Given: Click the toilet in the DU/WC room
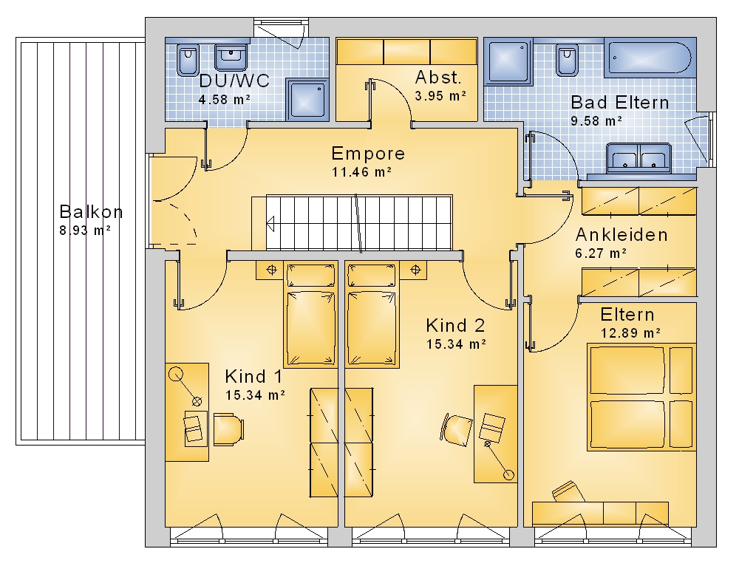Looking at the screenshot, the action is point(188,60).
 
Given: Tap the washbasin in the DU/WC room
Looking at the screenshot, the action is point(231,58).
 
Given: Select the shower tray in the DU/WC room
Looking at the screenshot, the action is point(307,98).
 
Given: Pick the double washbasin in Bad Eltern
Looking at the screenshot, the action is point(638,157).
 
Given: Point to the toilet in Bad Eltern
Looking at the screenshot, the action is point(567,61).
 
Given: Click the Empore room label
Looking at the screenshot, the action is point(368,154).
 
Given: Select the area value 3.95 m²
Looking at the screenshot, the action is point(440,96).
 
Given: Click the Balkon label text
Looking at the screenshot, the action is point(92,212).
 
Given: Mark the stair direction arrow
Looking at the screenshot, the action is point(270,223).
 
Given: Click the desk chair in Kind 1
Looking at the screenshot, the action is point(228,429).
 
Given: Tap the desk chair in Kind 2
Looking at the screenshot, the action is point(456,429).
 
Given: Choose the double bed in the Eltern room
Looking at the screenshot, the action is point(641,397).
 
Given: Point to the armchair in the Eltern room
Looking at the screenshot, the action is point(568,492).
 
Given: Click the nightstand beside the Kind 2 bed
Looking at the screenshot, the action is point(413,270).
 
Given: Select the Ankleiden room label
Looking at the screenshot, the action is point(621,235).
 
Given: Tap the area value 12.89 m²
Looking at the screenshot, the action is point(630,333).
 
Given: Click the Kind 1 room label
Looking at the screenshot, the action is point(253,376).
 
